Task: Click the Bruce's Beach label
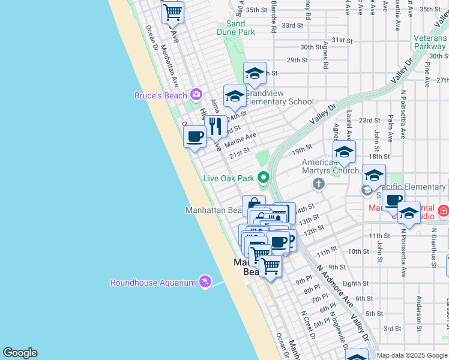click(160, 95)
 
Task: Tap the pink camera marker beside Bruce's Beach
click(196, 94)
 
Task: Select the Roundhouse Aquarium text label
click(153, 283)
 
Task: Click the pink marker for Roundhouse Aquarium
click(205, 282)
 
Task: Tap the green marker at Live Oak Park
click(263, 178)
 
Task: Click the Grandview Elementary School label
click(279, 97)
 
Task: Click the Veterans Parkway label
click(430, 42)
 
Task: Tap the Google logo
click(20, 353)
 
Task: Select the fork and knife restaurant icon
click(215, 127)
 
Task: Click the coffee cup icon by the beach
click(194, 137)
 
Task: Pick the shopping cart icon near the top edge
click(173, 11)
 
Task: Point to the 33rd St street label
click(292, 25)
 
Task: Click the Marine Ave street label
click(240, 140)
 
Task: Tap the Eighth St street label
click(356, 283)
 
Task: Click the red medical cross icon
click(443, 211)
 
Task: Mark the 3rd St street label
click(392, 328)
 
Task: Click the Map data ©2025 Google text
click(411, 355)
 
